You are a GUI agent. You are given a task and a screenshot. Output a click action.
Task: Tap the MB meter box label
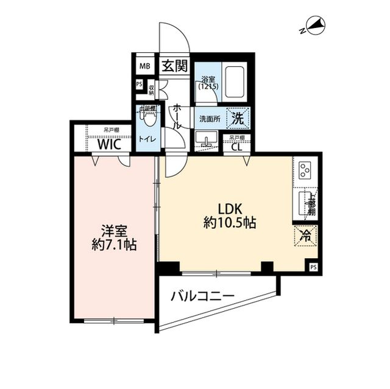point(144,66)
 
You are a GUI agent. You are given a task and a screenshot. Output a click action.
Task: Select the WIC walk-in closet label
point(112,145)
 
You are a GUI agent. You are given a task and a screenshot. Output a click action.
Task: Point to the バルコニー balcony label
point(202,296)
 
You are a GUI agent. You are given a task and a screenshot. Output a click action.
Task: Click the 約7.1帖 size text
point(114,247)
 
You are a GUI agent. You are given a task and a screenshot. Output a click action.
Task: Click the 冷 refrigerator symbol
point(305,236)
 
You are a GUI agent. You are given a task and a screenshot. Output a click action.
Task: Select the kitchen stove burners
point(305,168)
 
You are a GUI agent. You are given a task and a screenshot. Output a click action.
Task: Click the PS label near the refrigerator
point(313,267)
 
